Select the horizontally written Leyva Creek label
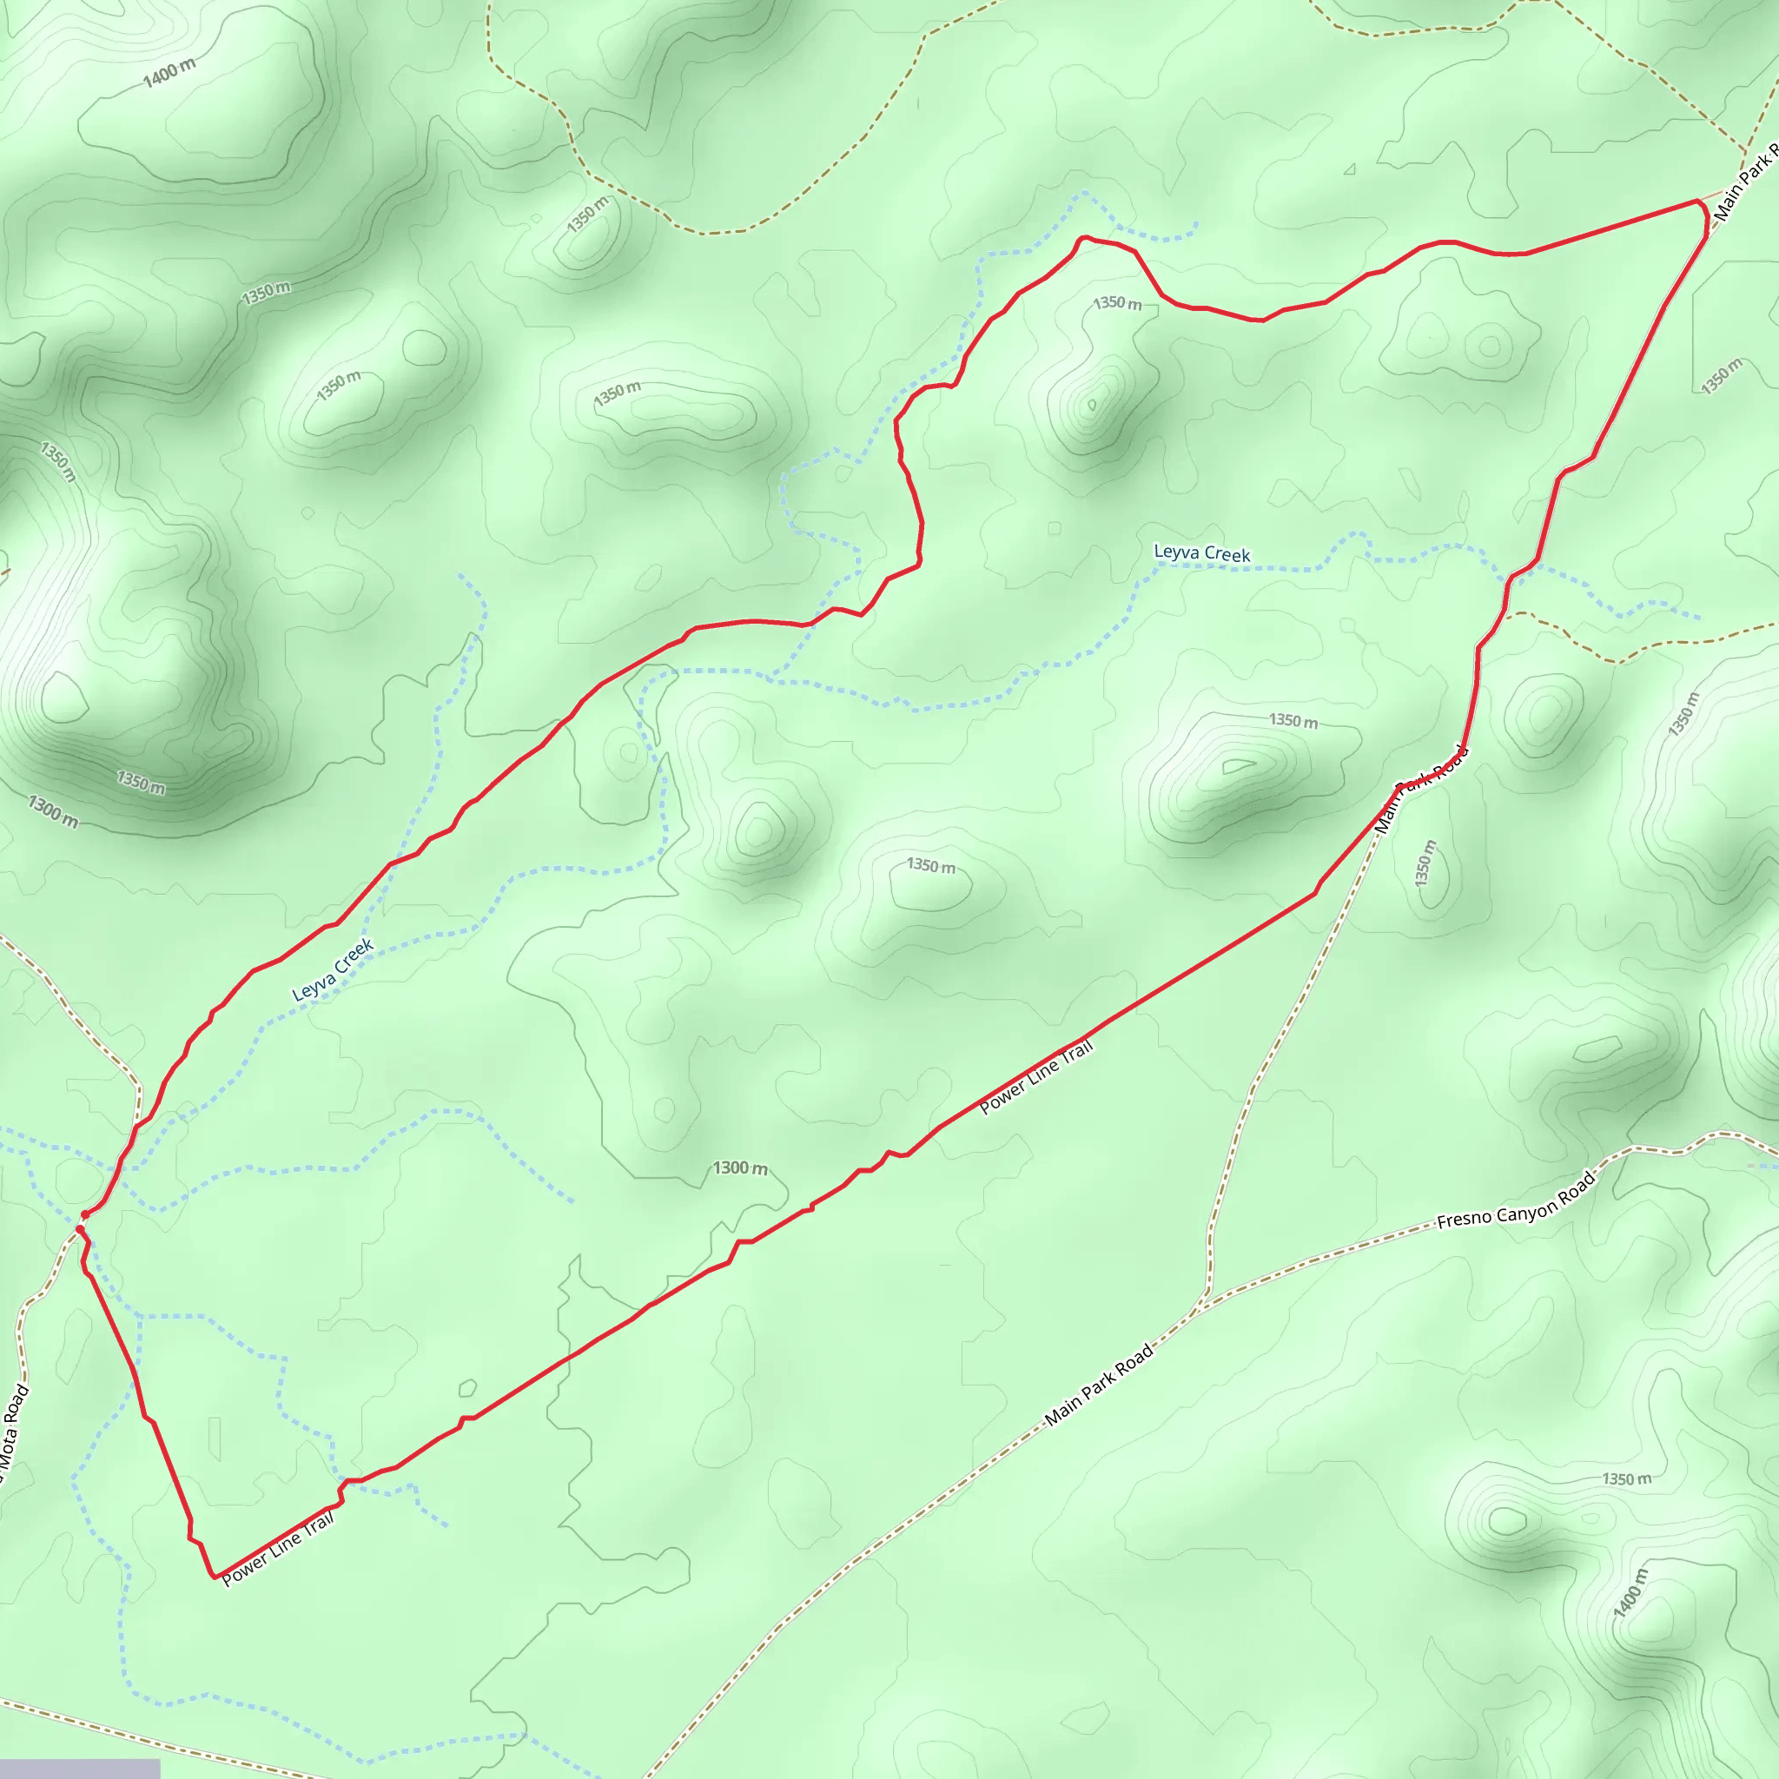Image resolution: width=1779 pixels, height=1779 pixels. pos(1201,552)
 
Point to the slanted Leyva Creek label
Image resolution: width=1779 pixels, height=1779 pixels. pos(333,969)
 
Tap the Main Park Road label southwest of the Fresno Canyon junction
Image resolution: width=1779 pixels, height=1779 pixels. pos(1099,1384)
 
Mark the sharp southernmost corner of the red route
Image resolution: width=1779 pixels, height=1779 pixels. pos(215,1577)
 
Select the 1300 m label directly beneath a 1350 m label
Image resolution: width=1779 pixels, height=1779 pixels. pos(52,811)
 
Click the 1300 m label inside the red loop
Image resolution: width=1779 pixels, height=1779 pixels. pos(739,1167)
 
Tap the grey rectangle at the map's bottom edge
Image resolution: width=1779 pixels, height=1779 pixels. pos(79,1769)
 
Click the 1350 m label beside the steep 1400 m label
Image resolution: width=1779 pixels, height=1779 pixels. pos(1626,1479)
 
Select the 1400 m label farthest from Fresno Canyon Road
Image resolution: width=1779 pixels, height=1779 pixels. pos(169,72)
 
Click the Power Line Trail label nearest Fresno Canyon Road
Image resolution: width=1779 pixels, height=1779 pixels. pos(1036,1076)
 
